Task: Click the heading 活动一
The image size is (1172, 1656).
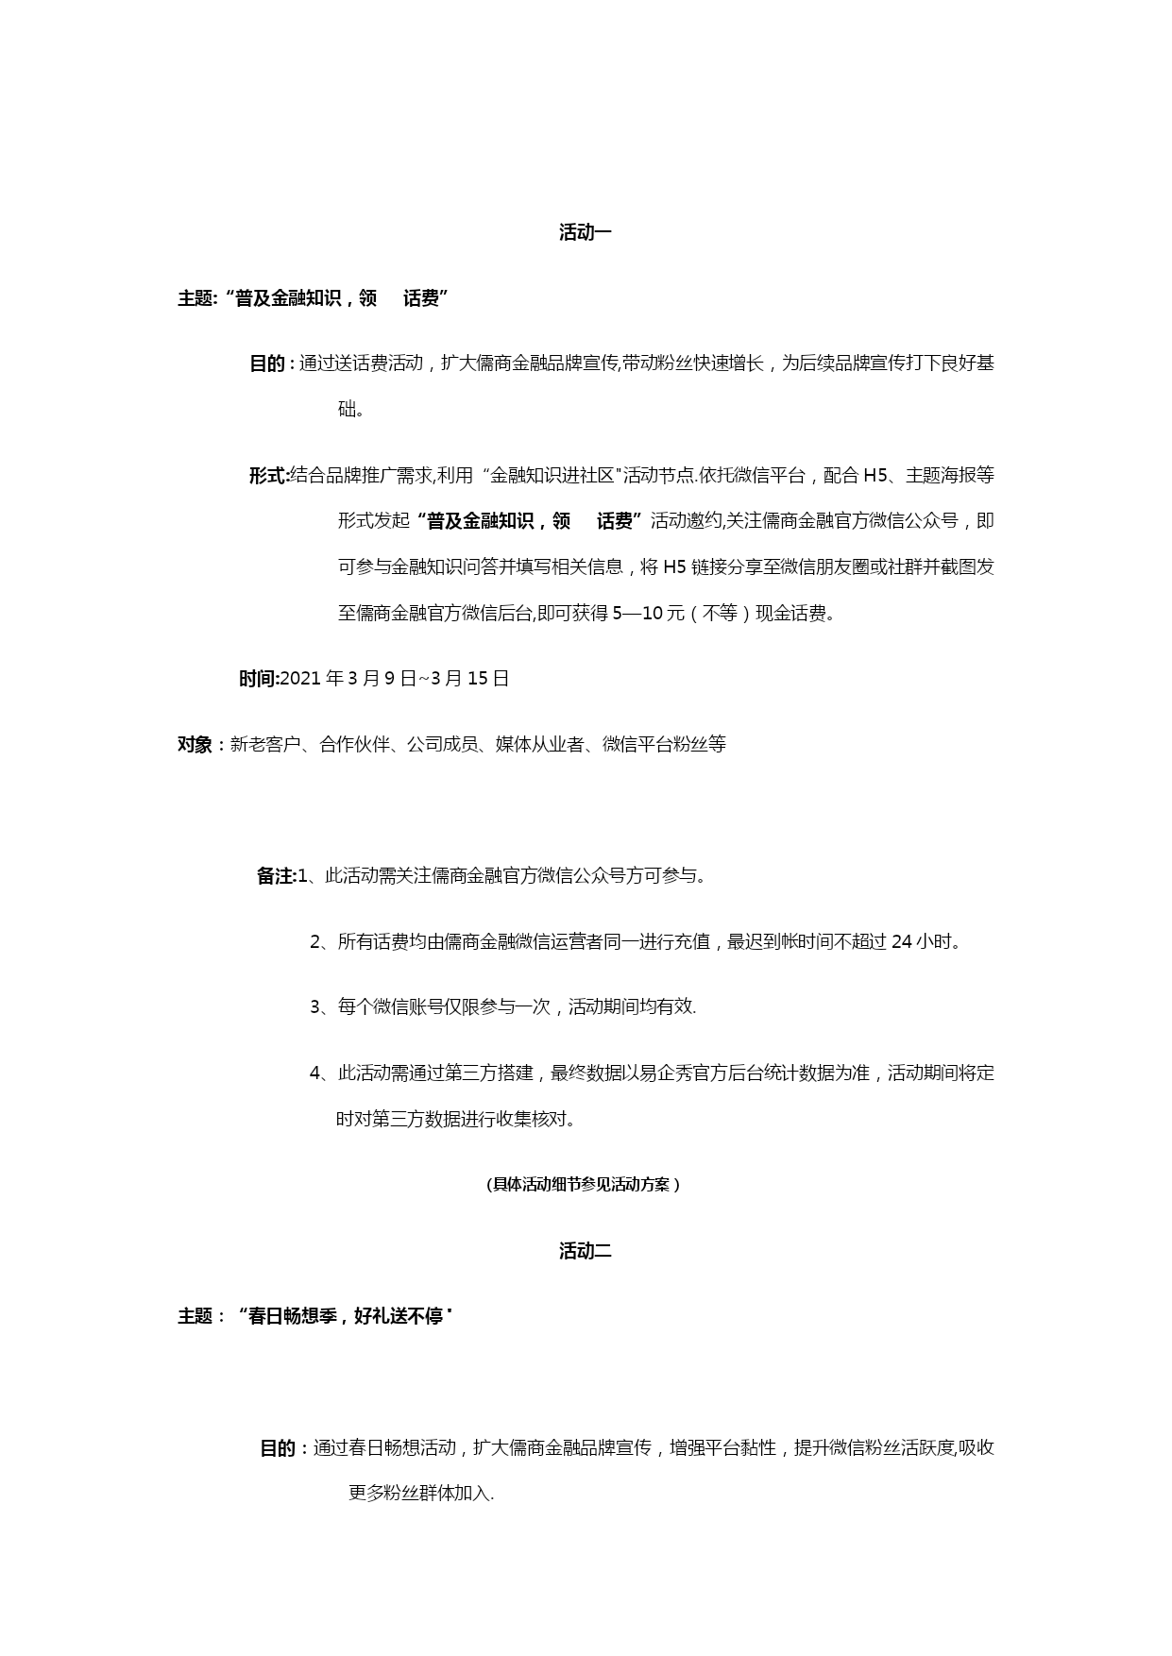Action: (586, 232)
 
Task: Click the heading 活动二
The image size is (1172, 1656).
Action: (586, 1251)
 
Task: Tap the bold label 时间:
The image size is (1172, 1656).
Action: (259, 679)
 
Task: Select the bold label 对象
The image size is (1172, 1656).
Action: (195, 745)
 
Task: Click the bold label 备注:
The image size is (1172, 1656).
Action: (277, 876)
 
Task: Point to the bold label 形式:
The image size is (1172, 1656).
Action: (268, 476)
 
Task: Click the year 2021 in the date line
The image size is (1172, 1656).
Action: (301, 679)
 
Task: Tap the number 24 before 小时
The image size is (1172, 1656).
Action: (901, 941)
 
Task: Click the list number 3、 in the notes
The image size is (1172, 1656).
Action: (322, 1007)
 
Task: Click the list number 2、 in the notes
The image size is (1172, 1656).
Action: (322, 941)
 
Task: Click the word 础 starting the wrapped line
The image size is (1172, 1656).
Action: (347, 410)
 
